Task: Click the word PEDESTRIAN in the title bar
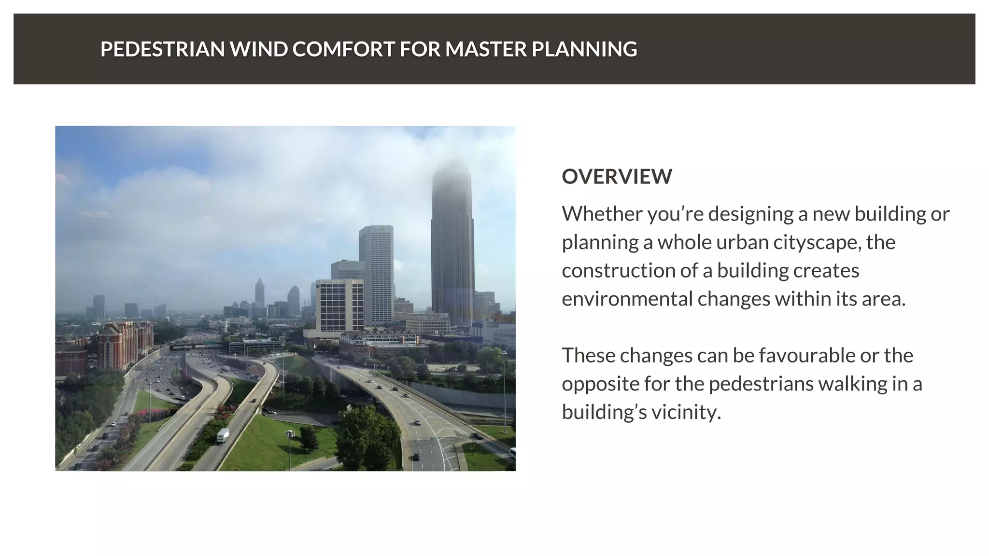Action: click(162, 49)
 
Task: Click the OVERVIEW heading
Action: click(617, 177)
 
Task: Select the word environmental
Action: click(627, 299)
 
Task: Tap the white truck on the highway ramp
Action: click(223, 435)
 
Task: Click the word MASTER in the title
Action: click(486, 49)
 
